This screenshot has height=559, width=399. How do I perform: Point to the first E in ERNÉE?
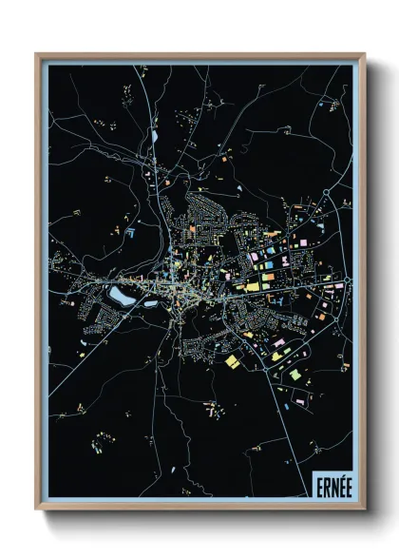(315, 484)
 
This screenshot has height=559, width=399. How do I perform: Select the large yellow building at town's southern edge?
(233, 360)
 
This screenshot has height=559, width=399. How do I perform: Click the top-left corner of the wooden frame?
(37, 54)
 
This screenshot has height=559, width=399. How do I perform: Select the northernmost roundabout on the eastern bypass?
(327, 193)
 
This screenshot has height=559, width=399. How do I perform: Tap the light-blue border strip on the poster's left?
(44, 285)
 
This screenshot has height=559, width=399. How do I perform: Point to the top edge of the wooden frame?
(199, 55)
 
